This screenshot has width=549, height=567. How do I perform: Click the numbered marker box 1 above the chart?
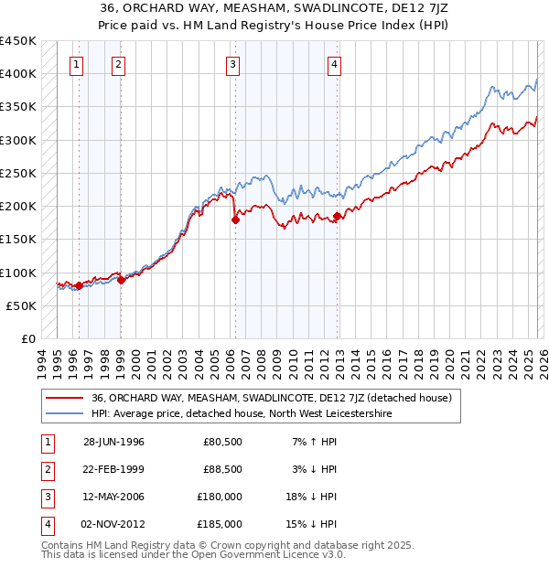pos(75,64)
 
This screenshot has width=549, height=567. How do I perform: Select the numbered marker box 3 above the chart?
pos(233,64)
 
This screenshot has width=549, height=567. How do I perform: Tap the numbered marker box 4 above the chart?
pos(335,64)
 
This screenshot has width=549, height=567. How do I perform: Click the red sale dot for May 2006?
pos(236,219)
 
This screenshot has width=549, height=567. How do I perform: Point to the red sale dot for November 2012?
pos(338,216)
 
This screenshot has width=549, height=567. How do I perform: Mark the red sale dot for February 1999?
pos(121,280)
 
